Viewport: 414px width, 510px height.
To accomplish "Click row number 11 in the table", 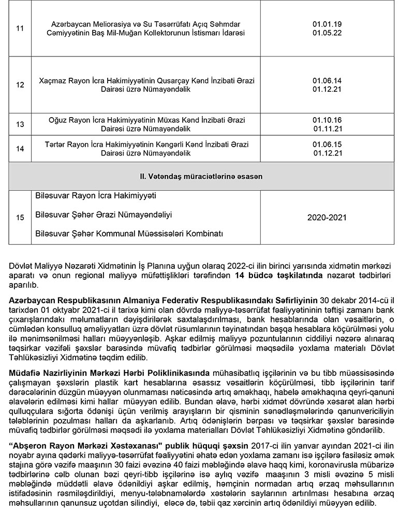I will click(x=20, y=28).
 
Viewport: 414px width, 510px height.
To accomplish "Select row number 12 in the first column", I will click(x=20, y=84).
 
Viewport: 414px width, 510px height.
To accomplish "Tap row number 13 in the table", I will click(x=20, y=124).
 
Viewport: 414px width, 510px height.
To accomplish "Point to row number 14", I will click(x=20, y=149).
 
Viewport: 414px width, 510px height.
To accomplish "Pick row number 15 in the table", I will click(x=20, y=218).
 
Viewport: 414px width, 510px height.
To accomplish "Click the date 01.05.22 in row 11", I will click(x=327, y=33).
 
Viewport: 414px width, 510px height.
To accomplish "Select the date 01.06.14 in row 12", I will click(x=327, y=80).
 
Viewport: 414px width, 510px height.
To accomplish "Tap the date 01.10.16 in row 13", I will click(x=327, y=120).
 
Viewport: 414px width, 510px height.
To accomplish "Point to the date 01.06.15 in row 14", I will click(x=327, y=144).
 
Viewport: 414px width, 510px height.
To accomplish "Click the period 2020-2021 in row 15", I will click(x=327, y=218).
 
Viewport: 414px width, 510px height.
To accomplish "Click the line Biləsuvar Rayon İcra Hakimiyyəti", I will click(x=95, y=197).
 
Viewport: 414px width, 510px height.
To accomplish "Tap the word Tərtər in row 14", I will click(x=54, y=144).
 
